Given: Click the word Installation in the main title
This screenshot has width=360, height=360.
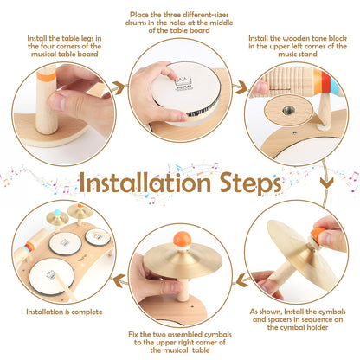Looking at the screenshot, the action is coord(145,183).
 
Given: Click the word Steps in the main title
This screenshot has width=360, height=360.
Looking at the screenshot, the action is coord(250,184).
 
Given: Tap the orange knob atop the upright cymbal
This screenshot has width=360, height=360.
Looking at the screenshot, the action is coord(182,239).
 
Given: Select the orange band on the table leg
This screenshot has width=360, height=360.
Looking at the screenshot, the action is coord(46,76).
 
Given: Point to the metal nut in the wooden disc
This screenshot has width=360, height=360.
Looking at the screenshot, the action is coord(288,110).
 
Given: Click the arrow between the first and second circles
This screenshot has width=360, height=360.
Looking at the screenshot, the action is coord(119,87).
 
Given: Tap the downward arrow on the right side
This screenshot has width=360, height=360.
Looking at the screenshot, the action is coord(326,183).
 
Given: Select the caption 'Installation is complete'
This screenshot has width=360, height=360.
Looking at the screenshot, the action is coord(64,312).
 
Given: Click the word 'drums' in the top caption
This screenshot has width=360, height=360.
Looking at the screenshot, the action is coord(136,22).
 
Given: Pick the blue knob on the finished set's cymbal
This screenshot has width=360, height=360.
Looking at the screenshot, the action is coord(58,213).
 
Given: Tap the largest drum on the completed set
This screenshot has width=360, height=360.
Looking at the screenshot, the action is coord(51,275).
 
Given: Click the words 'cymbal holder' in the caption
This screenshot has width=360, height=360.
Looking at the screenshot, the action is coord(298,327).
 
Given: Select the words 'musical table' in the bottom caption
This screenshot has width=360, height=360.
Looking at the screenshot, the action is coord(180,350).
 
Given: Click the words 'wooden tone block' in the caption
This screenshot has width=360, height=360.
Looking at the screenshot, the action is coord(310,38).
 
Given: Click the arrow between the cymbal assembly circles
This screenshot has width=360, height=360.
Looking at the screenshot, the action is coord(243,280).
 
